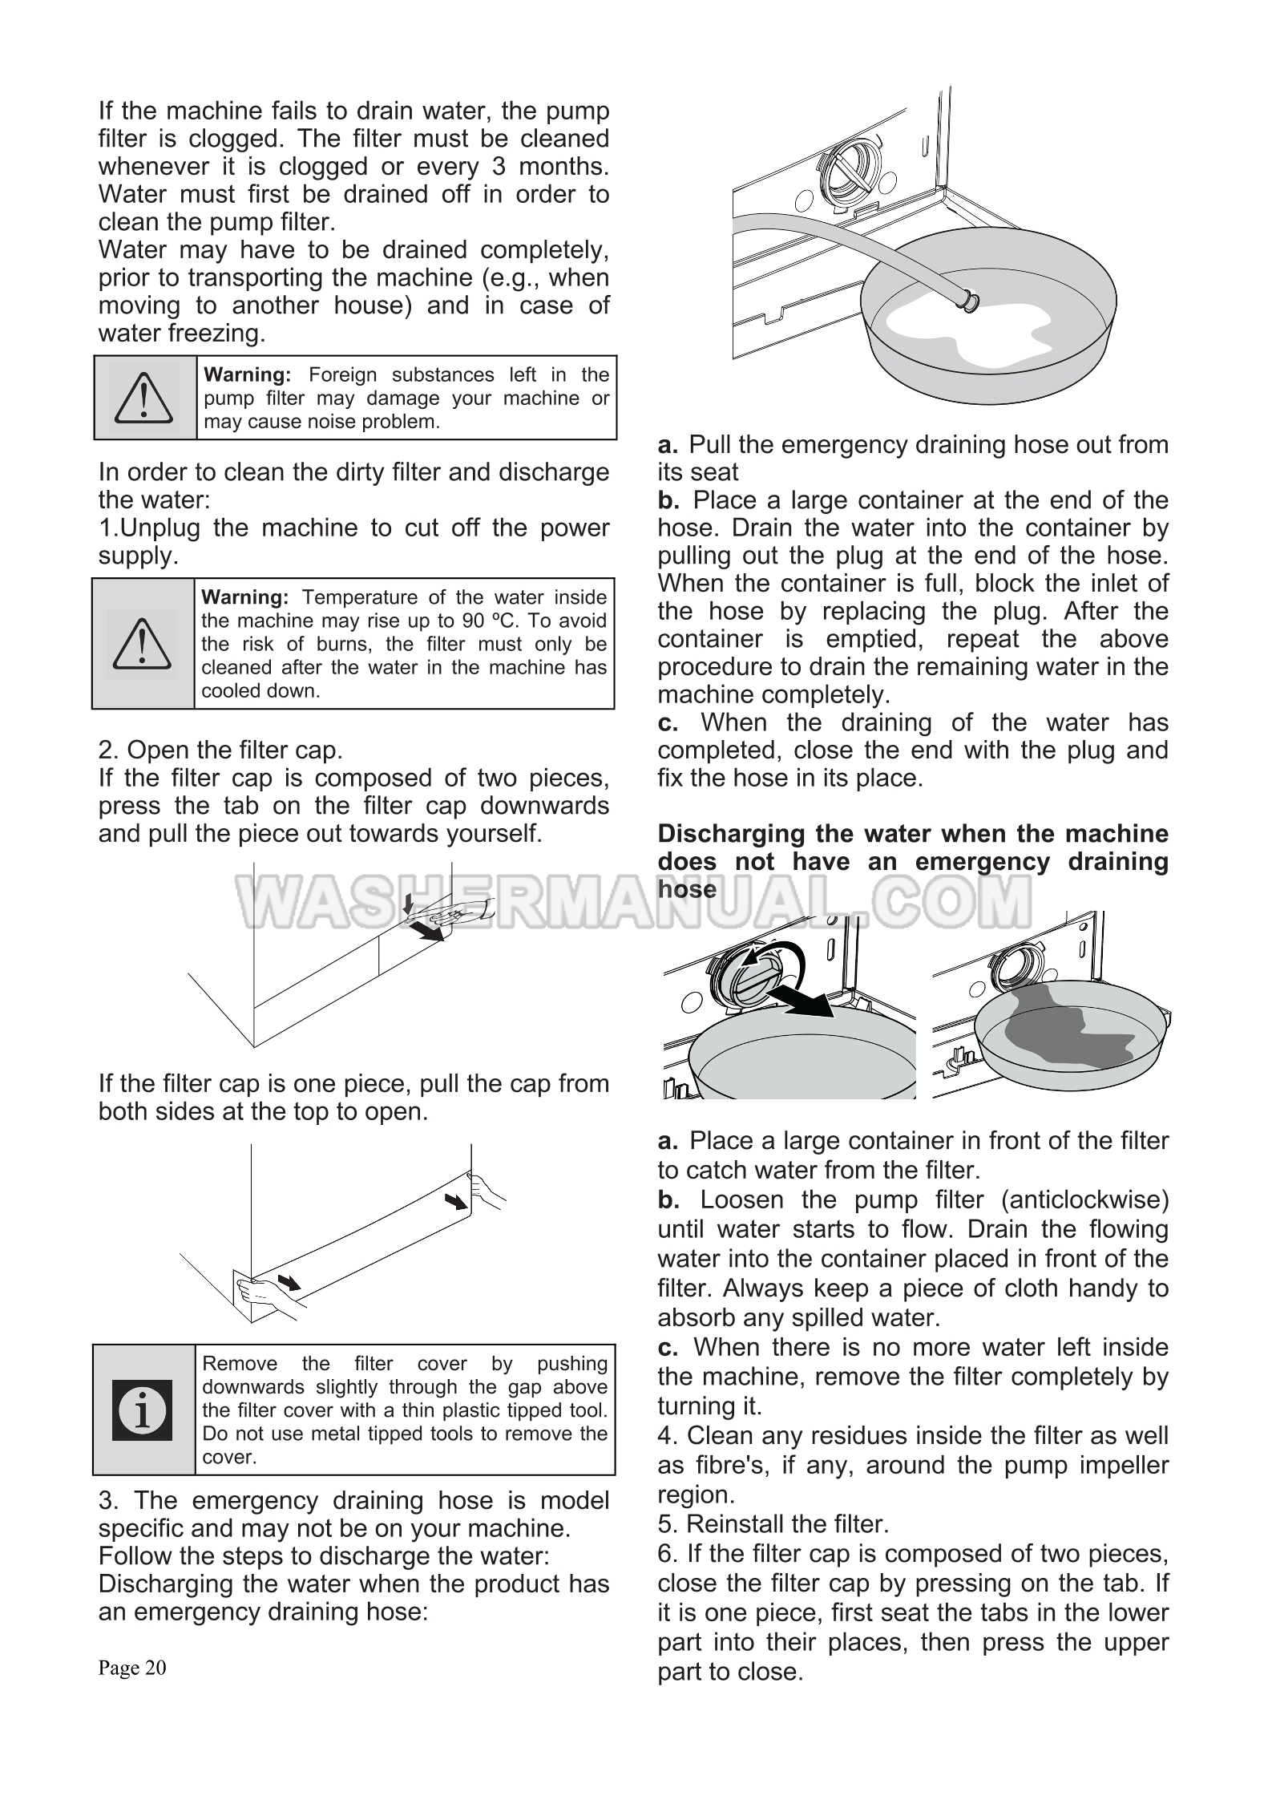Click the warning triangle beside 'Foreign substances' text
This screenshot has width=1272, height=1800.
pyautogui.click(x=143, y=398)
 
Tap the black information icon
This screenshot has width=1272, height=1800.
pyautogui.click(x=143, y=1410)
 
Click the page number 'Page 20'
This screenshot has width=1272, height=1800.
pyautogui.click(x=132, y=1668)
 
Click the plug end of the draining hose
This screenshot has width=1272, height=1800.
pyautogui.click(x=971, y=301)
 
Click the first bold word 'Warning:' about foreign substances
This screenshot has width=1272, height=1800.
pyautogui.click(x=248, y=374)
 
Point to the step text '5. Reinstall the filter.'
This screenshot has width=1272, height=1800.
pyautogui.click(x=773, y=1523)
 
